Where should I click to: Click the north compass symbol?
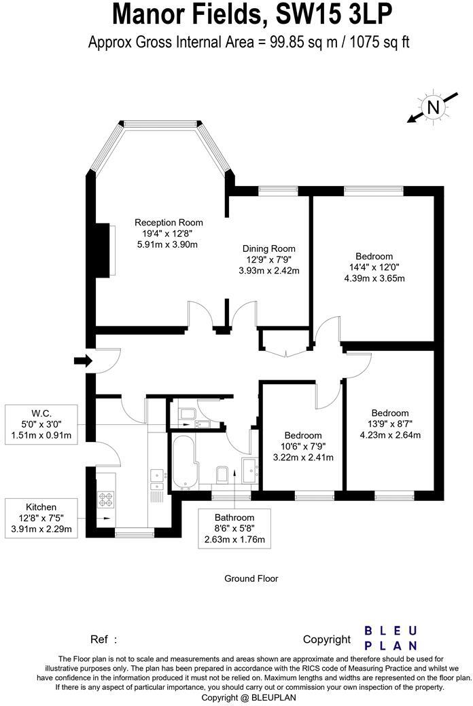[x=433, y=107]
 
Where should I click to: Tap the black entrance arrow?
[x=82, y=361]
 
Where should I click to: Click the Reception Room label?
[x=169, y=223]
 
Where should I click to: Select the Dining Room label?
[x=269, y=248]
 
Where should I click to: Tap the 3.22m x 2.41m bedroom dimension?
[x=302, y=458]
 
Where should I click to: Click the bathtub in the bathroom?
[x=184, y=464]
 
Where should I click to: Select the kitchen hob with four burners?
[x=106, y=500]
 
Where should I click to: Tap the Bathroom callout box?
[x=234, y=529]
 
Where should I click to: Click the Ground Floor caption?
[x=251, y=579]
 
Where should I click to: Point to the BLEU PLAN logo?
[x=390, y=638]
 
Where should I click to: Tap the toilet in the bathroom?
[x=221, y=474]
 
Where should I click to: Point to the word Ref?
[x=99, y=639]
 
